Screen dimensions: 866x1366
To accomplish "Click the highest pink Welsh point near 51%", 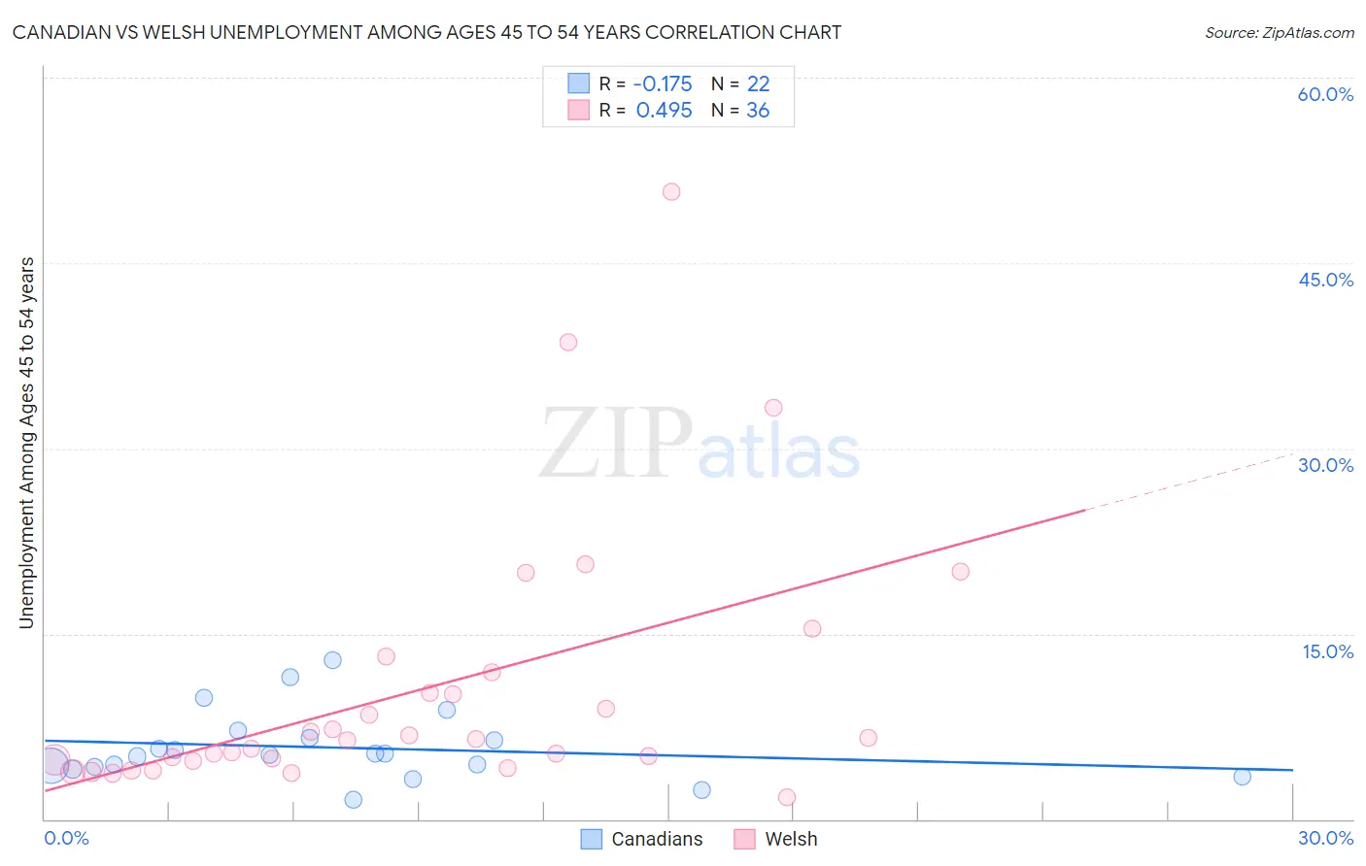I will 671,191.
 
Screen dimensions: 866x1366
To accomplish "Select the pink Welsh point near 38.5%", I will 568,342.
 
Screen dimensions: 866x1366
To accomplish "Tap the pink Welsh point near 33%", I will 773,408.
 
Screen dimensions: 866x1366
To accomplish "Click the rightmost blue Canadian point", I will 1242,777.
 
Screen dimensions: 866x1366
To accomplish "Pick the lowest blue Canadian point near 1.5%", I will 354,800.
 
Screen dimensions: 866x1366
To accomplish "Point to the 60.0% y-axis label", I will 1325,94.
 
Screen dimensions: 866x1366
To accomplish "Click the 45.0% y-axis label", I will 1325,280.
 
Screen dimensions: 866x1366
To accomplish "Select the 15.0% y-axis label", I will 1327,651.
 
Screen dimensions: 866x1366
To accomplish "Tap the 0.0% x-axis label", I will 66,838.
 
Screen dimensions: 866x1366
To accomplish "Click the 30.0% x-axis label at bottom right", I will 1325,838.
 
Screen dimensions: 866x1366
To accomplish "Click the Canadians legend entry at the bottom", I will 642,839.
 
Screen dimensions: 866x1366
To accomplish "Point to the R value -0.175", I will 663,84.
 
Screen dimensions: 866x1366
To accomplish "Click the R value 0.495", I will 665,111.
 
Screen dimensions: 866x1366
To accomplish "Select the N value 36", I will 758,111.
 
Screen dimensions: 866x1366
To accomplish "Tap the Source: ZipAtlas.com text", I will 1279,32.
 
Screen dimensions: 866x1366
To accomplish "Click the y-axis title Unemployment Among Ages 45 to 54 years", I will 26,443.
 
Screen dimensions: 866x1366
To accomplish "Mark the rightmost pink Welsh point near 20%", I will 960,572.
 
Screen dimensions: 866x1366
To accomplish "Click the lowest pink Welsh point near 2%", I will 787,797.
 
